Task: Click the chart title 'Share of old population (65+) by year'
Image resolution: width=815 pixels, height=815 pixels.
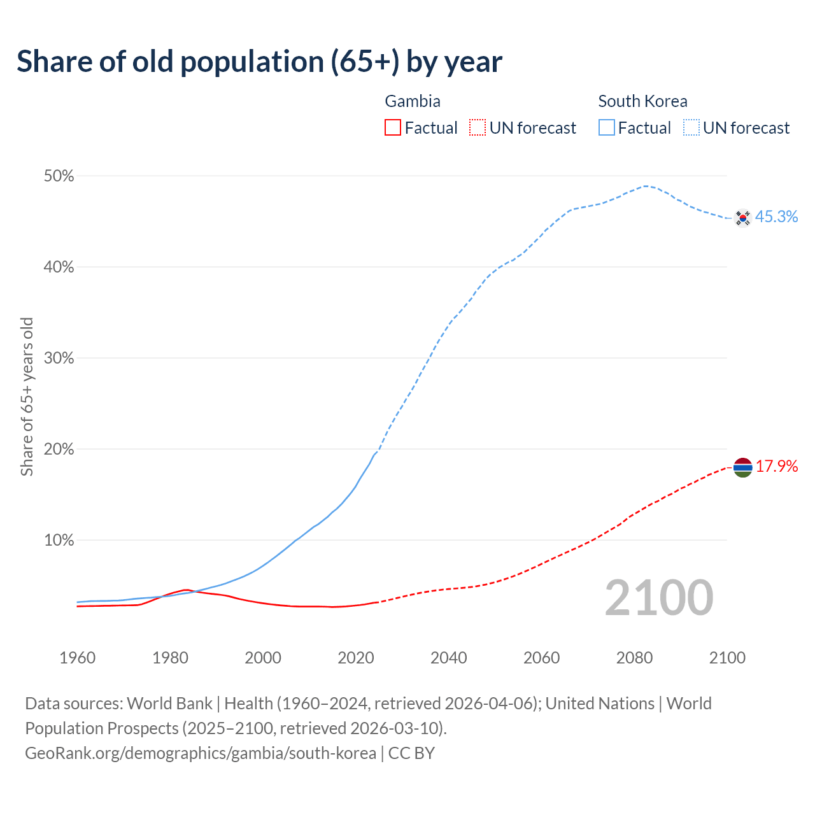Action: pos(259,62)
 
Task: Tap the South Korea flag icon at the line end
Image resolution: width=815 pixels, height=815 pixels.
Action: pos(742,218)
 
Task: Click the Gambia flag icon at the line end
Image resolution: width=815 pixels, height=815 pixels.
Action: pos(743,467)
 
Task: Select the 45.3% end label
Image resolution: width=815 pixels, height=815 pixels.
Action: pos(776,217)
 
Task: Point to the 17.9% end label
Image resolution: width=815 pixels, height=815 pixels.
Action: pos(777,467)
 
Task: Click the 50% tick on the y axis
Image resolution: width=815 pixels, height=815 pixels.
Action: pos(59,176)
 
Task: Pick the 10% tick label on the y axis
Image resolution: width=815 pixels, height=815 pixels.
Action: pos(59,541)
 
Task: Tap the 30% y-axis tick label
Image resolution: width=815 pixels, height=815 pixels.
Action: pos(59,358)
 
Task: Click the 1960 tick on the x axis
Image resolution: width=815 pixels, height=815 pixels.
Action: pos(77,658)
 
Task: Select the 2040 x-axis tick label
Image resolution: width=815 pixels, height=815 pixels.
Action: pos(448,658)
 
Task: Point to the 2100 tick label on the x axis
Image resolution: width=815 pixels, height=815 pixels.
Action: pos(726,658)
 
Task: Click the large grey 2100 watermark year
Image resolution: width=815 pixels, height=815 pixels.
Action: pos(659,598)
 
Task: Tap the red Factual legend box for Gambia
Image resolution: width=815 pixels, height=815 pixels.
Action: pos(393,128)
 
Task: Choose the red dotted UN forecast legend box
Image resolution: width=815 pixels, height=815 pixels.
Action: pos(478,128)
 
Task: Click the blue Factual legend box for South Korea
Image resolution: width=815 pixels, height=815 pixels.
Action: pos(607,128)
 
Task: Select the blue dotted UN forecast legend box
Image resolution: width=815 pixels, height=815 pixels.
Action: pos(691,128)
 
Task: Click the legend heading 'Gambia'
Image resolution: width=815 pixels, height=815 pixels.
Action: pos(413,101)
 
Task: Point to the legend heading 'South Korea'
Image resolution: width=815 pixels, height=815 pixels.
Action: pos(642,101)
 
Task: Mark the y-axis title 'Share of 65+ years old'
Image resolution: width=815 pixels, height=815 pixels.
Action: pos(27,396)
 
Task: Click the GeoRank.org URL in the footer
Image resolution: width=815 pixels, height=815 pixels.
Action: pos(201,753)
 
